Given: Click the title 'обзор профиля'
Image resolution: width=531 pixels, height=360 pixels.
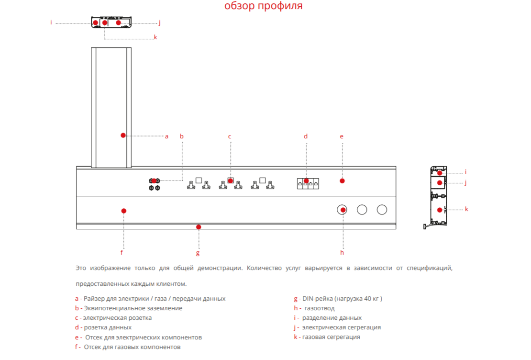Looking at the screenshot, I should (x=263, y=6).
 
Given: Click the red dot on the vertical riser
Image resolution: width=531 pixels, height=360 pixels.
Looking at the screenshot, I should (x=123, y=135).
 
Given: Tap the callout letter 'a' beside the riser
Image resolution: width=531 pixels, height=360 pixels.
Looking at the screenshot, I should (x=166, y=136).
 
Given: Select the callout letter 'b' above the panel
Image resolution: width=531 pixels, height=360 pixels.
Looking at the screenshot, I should (x=182, y=136).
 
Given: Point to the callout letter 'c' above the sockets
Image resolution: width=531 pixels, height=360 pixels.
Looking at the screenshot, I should (x=230, y=136).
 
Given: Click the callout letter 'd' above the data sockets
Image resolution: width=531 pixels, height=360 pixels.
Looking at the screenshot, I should (x=306, y=136).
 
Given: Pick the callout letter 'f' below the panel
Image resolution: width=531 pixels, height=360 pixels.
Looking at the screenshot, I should (x=122, y=252).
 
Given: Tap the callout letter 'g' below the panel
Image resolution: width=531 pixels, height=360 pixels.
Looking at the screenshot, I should (x=198, y=253).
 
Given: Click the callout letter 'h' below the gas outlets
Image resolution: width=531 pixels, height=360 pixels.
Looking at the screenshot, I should (x=342, y=252).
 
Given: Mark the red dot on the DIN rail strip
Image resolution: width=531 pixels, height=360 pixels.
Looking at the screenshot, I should (x=199, y=227).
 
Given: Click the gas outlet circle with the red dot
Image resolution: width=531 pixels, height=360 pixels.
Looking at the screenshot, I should (x=343, y=210).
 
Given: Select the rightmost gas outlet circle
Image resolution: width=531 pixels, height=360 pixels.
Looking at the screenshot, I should (x=382, y=210).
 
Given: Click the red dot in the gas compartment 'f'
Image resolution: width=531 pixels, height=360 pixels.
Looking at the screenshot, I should (x=123, y=211).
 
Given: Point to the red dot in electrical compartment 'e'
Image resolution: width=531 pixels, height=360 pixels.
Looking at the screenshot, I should (x=342, y=180).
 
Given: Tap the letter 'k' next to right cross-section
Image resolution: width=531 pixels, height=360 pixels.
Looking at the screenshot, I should (x=466, y=209).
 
